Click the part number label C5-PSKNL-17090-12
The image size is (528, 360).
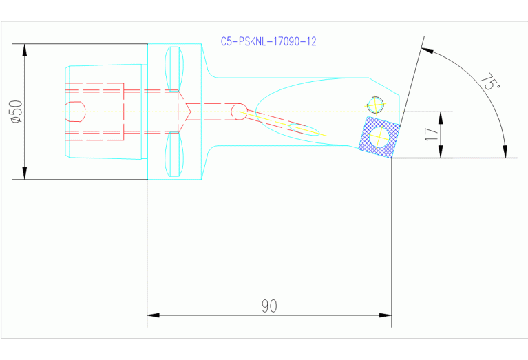(x=268, y=42)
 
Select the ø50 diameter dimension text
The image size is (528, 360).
(x=17, y=112)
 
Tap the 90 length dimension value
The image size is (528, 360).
(x=269, y=306)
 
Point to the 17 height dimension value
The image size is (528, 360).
(x=432, y=134)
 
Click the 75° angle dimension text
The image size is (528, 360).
(x=489, y=83)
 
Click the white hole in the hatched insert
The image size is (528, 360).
(x=379, y=138)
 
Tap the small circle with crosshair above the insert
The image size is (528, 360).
(x=375, y=104)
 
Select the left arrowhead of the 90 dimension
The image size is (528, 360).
(x=154, y=315)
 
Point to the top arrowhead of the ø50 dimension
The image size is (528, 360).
(x=25, y=50)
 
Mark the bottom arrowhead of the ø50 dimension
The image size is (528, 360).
(x=25, y=173)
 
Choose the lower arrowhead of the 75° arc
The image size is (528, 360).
(x=506, y=151)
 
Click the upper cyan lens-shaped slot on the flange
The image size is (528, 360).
(x=175, y=67)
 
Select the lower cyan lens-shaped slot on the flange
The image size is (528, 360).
(x=175, y=155)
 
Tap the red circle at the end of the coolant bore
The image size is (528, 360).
(x=239, y=112)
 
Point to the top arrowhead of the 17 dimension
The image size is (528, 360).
(x=441, y=116)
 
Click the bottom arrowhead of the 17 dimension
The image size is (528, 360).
(x=441, y=153)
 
